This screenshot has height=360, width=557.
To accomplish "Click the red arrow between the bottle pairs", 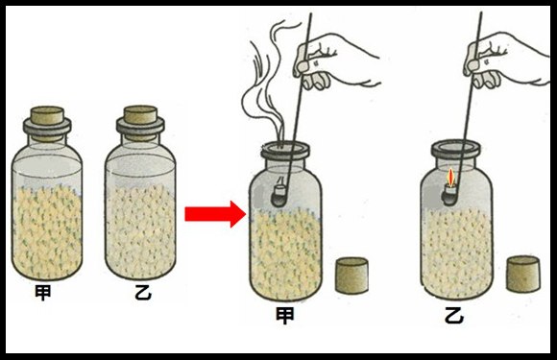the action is pyautogui.click(x=215, y=214).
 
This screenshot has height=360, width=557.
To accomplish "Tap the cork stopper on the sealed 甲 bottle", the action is pyautogui.click(x=47, y=116).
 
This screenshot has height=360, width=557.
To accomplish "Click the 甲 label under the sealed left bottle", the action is pyautogui.click(x=43, y=292).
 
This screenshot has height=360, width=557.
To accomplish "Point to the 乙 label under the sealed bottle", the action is pyautogui.click(x=143, y=292).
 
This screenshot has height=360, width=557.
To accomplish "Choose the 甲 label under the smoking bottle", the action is pyautogui.click(x=285, y=315).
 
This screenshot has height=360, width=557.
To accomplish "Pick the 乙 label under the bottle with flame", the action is pyautogui.click(x=454, y=315).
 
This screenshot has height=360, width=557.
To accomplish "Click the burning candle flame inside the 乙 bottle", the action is pyautogui.click(x=450, y=178).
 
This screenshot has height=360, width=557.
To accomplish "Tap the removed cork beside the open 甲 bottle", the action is pyautogui.click(x=351, y=276).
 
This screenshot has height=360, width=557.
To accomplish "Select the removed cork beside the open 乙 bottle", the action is pyautogui.click(x=523, y=275).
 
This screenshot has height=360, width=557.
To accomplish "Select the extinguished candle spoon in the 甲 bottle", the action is pyautogui.click(x=279, y=195).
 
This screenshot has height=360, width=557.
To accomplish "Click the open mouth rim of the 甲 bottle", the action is pyautogui.click(x=285, y=150).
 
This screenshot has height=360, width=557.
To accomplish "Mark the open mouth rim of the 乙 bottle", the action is pyautogui.click(x=456, y=149).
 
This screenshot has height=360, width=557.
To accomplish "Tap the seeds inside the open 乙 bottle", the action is pyautogui.click(x=456, y=252).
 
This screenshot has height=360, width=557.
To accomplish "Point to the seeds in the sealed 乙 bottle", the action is pyautogui.click(x=140, y=231).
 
